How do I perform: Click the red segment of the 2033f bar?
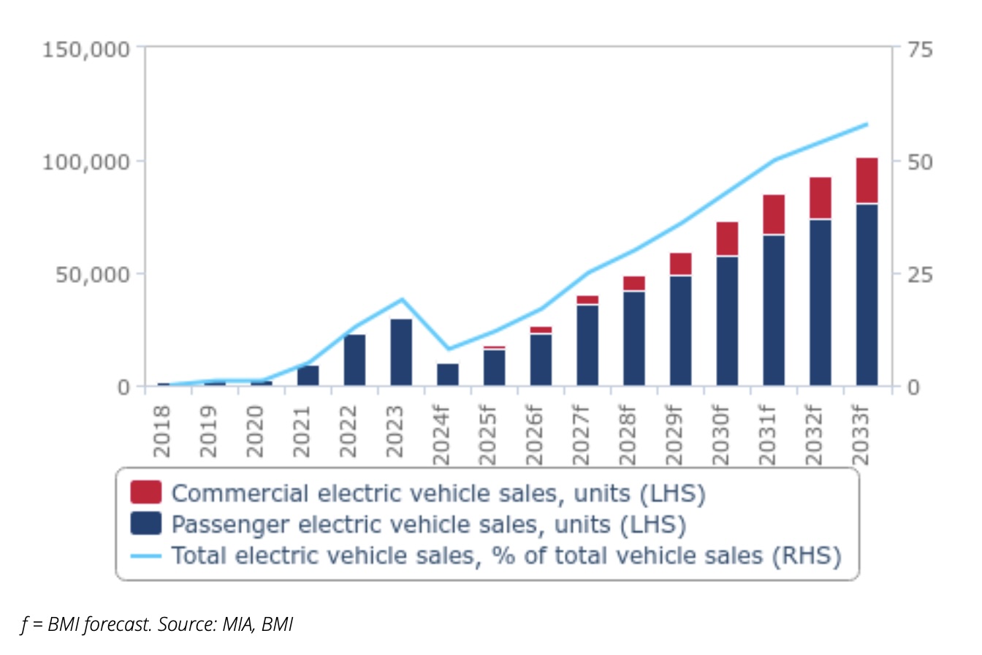(867, 181)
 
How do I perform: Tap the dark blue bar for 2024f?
(448, 374)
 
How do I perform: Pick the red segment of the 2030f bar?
(727, 238)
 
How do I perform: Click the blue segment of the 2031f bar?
(774, 310)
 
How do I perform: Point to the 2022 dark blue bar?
(354, 360)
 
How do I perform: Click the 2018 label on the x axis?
(162, 431)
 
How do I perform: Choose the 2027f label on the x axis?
(581, 435)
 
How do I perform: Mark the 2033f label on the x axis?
(862, 435)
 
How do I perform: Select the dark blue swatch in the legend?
(145, 524)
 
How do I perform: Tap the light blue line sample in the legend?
(145, 556)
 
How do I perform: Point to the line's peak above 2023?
(401, 299)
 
